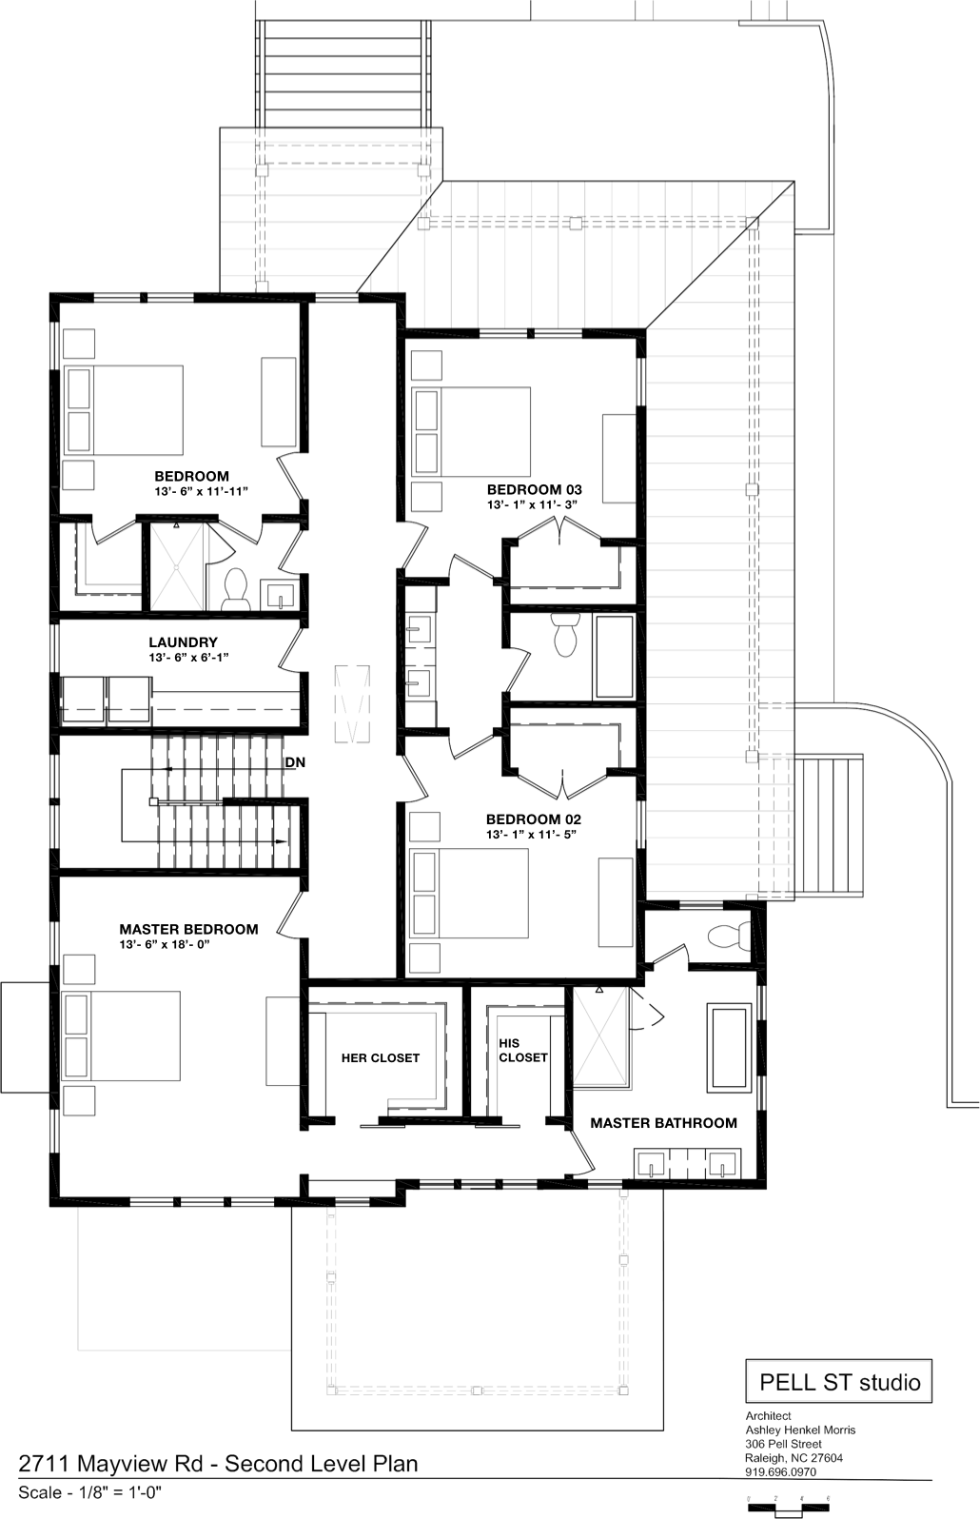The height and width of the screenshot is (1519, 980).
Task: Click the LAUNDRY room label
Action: pos(183,641)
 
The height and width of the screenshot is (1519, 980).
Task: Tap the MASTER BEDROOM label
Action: pos(188,929)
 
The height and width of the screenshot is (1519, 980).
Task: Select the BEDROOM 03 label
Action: pos(534,489)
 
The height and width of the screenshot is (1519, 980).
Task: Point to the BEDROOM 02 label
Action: pos(534,819)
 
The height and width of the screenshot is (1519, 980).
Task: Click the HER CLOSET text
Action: pos(381,1058)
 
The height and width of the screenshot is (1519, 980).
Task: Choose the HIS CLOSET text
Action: pos(522,1051)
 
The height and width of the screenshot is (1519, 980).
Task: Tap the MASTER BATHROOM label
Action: pos(663,1123)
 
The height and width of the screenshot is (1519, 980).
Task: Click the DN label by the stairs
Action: pos(295,762)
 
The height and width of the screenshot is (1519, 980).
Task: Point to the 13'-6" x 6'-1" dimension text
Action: pos(188,657)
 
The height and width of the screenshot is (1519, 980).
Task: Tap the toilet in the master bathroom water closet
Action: pos(729,937)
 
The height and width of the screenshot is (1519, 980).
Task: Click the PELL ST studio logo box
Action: pos(839,1381)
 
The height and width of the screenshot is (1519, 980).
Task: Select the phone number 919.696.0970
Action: pos(781,1471)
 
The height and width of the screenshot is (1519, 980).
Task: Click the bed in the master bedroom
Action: pos(121,1036)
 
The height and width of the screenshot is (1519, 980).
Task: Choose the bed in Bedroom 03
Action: pos(471,431)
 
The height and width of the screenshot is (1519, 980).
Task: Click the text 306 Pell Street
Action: pos(783,1444)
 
